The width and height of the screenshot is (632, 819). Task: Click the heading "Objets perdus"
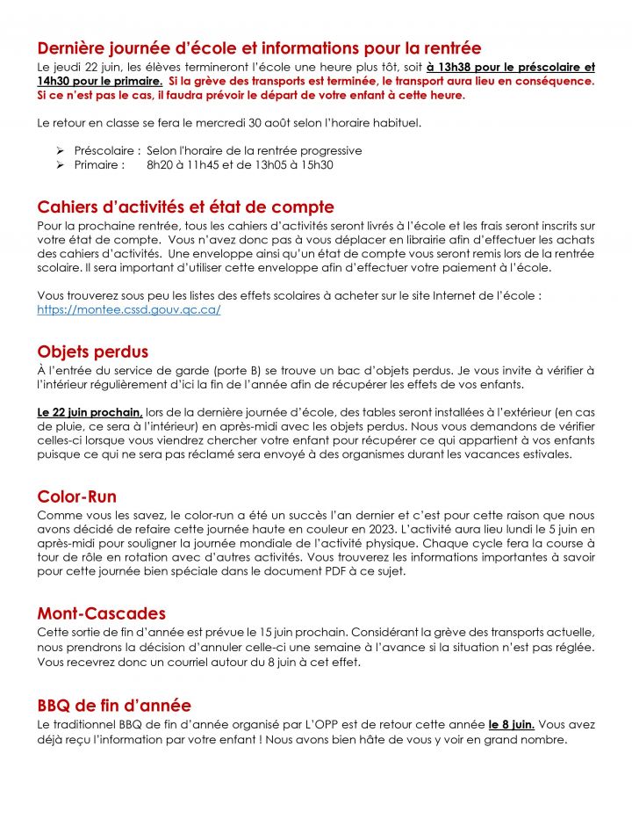click(92, 352)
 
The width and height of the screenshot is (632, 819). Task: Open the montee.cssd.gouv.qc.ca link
click(128, 310)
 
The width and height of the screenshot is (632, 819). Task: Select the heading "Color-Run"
click(76, 496)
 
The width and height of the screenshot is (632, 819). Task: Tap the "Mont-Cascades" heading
click(101, 612)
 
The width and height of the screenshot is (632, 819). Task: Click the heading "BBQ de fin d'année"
click(114, 705)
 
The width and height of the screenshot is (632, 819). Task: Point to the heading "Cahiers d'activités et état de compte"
click(185, 207)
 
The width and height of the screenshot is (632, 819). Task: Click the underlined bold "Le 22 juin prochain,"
click(90, 412)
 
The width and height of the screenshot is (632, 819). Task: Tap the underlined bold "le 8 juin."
click(512, 725)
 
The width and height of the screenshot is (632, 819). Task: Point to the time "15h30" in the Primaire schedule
click(317, 164)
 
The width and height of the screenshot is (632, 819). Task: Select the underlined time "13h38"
click(449, 67)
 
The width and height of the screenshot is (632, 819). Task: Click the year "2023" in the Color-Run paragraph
click(413, 529)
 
